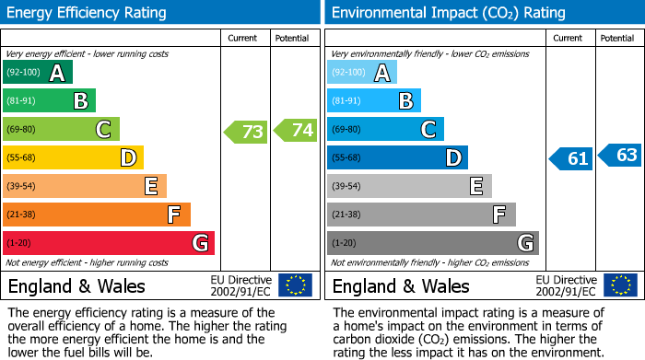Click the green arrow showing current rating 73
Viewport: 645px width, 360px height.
click(x=246, y=132)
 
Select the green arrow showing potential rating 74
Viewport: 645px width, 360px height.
click(x=296, y=131)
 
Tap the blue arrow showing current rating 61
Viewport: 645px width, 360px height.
click(x=570, y=158)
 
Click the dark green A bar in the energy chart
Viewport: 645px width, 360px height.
click(x=38, y=73)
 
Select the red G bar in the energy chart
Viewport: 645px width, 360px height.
click(x=109, y=243)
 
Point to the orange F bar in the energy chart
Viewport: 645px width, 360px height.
click(x=97, y=215)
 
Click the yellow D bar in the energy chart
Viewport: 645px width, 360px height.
click(x=73, y=157)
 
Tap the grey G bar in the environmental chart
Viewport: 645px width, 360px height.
click(x=432, y=243)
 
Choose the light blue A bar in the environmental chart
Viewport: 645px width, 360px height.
click(x=362, y=73)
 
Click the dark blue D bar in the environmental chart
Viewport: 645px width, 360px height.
click(x=397, y=157)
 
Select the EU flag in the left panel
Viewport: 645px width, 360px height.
click(x=295, y=285)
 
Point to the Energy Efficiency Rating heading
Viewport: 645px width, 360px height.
click(x=88, y=13)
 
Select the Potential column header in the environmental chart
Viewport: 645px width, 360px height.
click(x=616, y=38)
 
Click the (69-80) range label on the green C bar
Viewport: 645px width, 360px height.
click(x=21, y=130)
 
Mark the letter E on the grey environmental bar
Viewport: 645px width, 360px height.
click(x=475, y=187)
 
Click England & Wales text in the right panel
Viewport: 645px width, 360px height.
click(x=401, y=285)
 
